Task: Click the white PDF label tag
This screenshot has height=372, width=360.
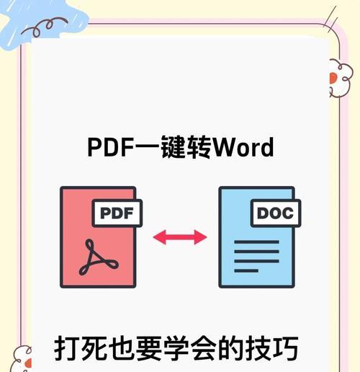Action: tap(117, 213)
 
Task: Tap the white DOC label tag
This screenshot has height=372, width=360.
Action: tap(276, 213)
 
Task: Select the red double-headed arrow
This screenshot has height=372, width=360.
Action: tap(180, 237)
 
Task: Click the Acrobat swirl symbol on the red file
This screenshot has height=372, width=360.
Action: tap(99, 257)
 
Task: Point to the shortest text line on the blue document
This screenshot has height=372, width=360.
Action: tap(246, 271)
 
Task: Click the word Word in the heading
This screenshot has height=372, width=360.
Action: tap(243, 147)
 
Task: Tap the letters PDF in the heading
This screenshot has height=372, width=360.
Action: tap(110, 147)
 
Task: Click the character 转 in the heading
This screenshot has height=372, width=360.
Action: tap(199, 147)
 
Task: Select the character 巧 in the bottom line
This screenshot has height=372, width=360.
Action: tap(286, 348)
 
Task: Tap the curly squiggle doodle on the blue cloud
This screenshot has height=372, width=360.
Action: tap(45, 26)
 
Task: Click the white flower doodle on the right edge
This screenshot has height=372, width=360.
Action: tap(341, 78)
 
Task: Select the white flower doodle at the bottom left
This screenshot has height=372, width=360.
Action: tap(21, 359)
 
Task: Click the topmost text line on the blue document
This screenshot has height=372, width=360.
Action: tap(256, 242)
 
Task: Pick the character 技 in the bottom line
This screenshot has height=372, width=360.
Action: tap(258, 348)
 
